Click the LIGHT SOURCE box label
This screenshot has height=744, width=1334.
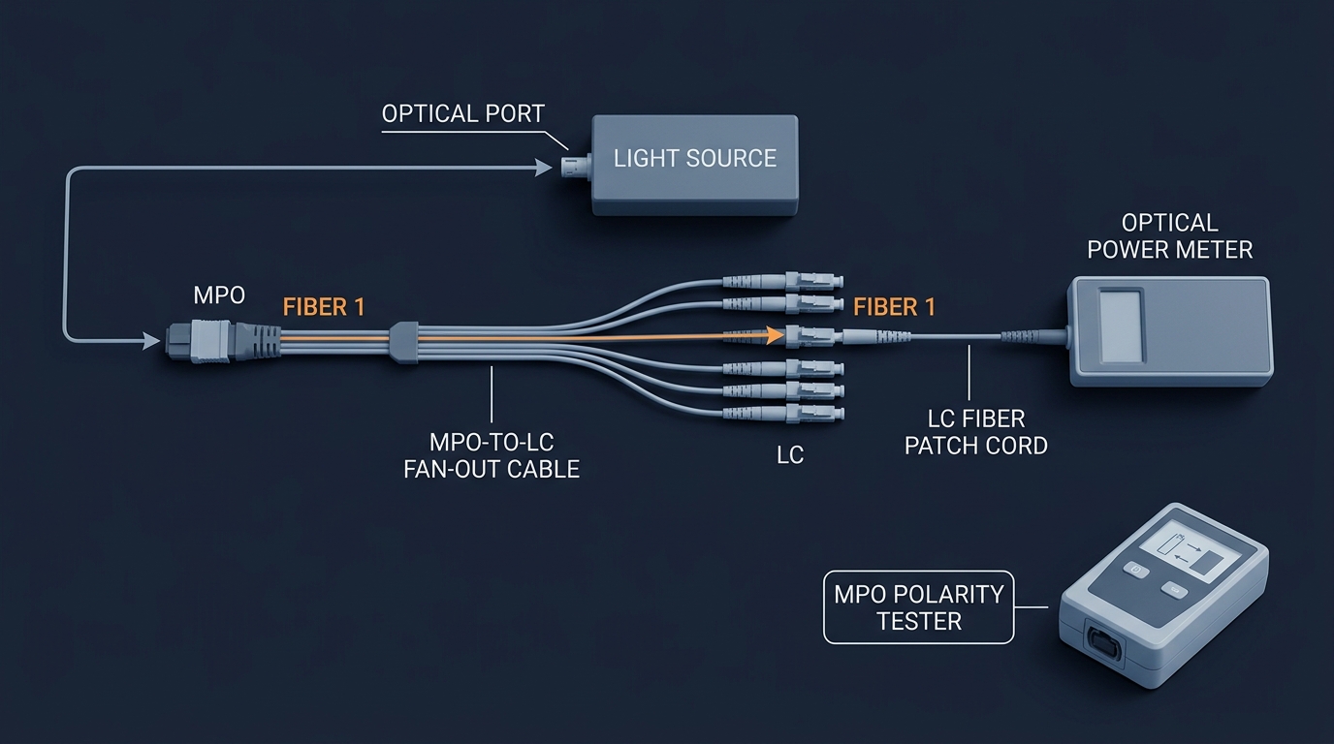695,158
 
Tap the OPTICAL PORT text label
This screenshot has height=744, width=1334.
463,113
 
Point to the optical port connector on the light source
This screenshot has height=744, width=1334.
576,168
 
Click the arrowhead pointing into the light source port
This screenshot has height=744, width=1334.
544,168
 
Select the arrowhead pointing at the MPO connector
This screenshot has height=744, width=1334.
152,341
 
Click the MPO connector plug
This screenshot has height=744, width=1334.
223,341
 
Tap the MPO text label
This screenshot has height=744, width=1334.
219,295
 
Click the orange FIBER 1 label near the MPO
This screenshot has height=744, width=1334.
324,307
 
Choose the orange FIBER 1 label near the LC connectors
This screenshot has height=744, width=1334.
895,307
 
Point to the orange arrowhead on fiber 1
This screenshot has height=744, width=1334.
775,335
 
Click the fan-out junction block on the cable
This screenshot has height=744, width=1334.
403,342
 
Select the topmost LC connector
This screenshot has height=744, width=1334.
783,280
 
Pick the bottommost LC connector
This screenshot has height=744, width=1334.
783,413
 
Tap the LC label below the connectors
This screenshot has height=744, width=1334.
790,455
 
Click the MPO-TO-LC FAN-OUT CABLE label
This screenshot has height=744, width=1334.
492,456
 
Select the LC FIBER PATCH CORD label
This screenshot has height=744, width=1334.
976,433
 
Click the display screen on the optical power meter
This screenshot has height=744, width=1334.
1120,326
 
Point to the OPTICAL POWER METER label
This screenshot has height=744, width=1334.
1169,236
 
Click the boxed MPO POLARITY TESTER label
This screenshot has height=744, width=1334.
919,607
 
